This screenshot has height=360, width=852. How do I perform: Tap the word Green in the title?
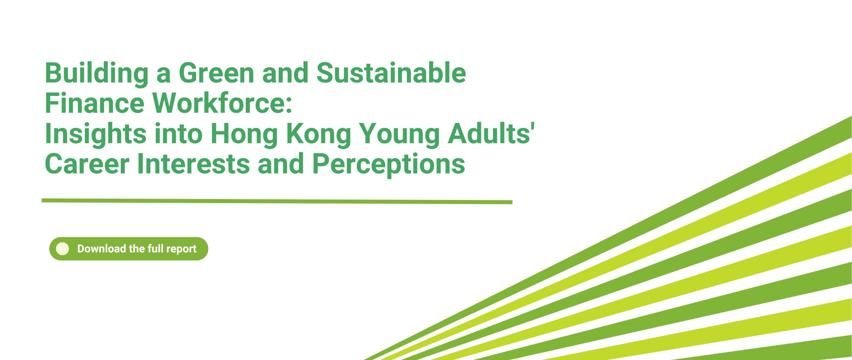click(216, 73)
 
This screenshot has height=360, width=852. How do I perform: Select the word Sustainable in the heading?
click(391, 73)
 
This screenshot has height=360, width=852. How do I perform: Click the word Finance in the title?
click(94, 103)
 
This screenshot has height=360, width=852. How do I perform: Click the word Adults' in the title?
click(491, 134)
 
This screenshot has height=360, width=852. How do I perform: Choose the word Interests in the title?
click(194, 164)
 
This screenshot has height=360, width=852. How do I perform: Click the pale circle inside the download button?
click(63, 249)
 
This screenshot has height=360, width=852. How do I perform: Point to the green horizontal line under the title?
click(277, 201)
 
